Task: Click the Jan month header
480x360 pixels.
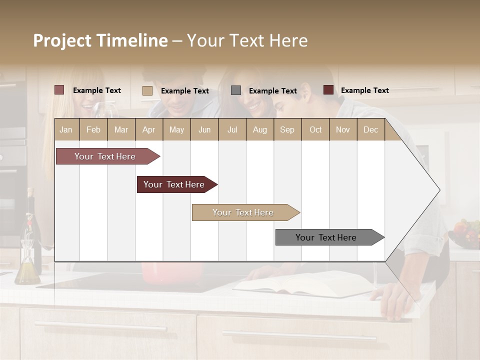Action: pos(66,129)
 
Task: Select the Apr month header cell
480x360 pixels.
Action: pos(149,129)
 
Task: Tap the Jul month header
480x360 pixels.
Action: pos(232,129)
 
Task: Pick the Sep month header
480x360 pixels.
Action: pos(287,129)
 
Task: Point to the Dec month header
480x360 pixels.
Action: pos(370,129)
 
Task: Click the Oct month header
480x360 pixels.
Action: pos(315,129)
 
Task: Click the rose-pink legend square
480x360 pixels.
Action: pos(59,90)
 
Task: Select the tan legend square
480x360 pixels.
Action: pos(147,90)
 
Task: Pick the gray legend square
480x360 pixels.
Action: pos(236,90)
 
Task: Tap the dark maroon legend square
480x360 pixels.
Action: pos(328,90)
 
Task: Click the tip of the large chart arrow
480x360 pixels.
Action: pos(438,190)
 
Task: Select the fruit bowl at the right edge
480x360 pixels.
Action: pos(465,233)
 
